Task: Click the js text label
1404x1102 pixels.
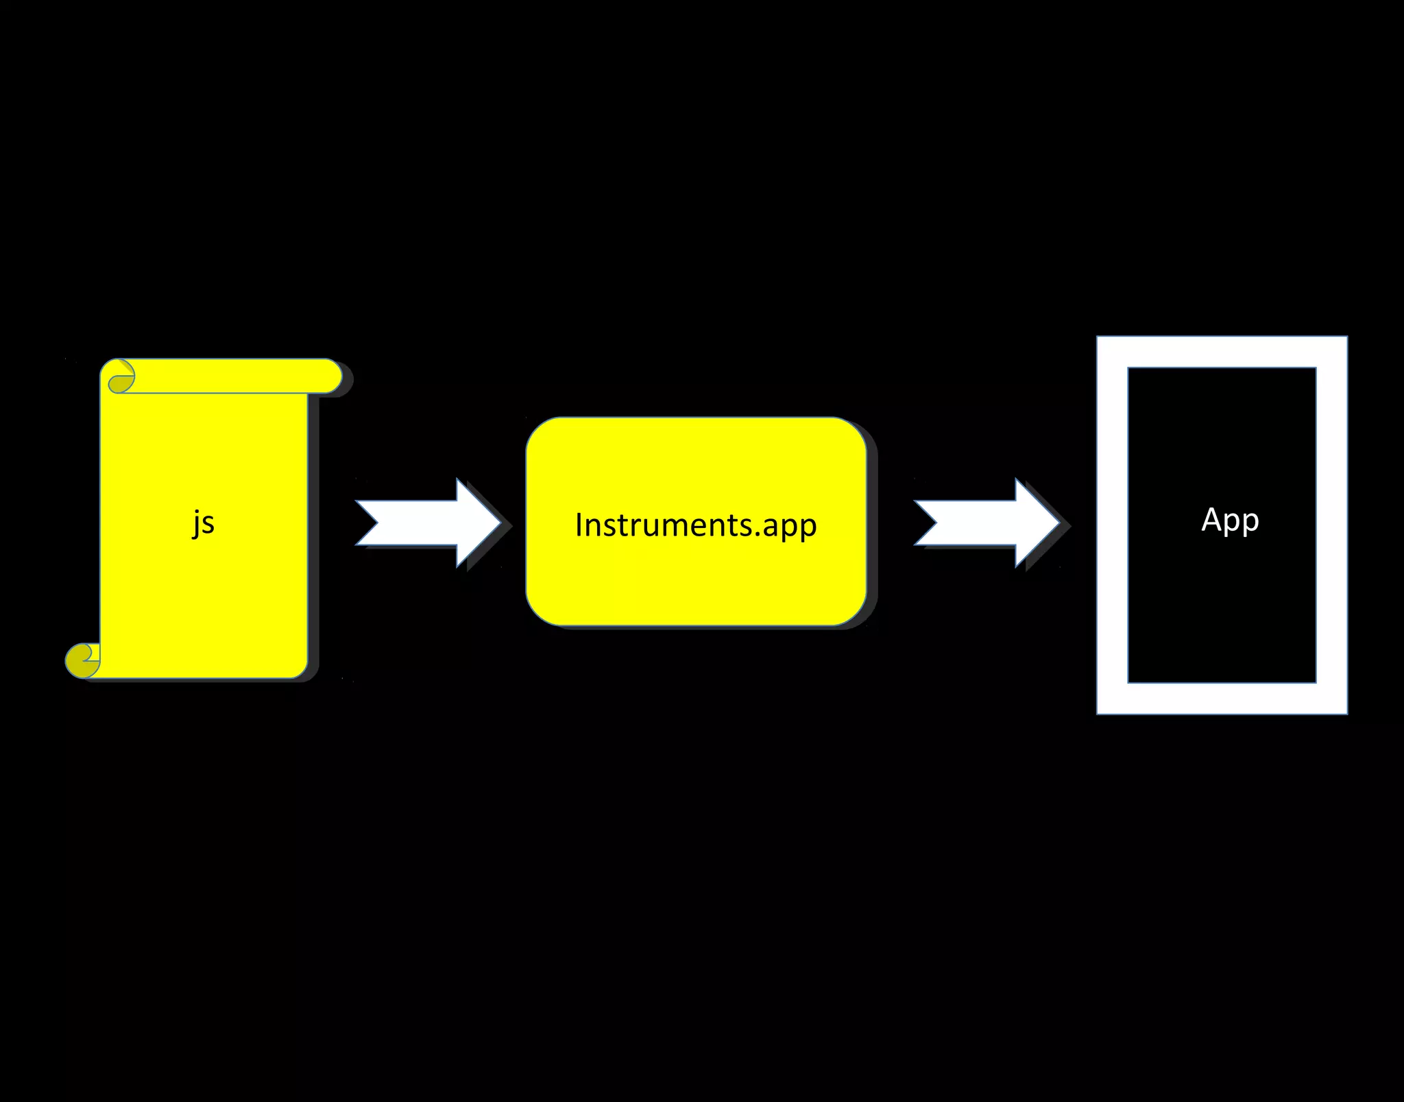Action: point(204,523)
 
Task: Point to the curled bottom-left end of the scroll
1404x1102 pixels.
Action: point(82,660)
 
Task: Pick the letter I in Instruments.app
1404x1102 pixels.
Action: point(579,525)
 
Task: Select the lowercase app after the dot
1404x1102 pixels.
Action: point(789,527)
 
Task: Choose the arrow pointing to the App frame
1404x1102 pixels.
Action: point(987,523)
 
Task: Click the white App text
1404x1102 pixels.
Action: point(1230,520)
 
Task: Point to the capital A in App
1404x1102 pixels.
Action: point(1212,519)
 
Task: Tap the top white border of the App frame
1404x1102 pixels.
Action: point(1222,352)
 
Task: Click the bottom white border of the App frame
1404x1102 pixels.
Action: point(1222,699)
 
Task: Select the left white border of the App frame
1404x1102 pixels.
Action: point(1112,525)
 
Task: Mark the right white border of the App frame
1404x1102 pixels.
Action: point(1332,525)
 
